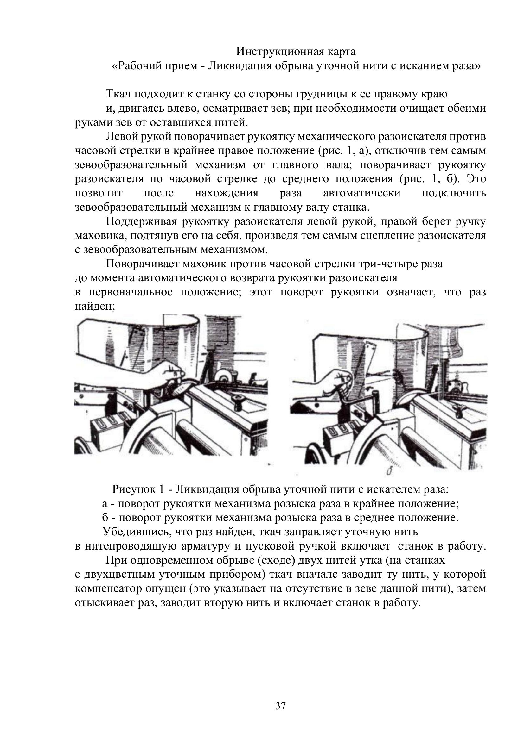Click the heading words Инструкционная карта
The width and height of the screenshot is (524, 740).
296,51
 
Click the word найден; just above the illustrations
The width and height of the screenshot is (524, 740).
95,306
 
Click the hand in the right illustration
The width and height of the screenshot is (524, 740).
339,380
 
